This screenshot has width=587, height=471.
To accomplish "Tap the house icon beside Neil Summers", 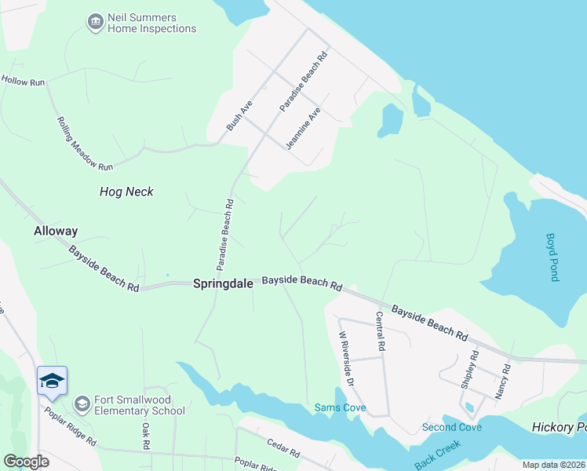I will coord(96,22).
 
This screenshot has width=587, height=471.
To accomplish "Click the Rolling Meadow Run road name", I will coord(85,144).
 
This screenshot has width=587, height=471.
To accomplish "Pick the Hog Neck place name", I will coord(126,192).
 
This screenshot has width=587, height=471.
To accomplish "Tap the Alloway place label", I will coord(56,231).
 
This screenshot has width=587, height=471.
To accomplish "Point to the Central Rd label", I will coord(380,331).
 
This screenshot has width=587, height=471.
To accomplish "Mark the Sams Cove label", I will coord(340,407).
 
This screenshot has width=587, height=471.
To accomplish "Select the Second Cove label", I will coord(451,427).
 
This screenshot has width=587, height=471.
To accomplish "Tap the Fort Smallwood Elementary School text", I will coord(140,404).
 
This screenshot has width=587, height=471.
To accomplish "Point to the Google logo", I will coord(26,461).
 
